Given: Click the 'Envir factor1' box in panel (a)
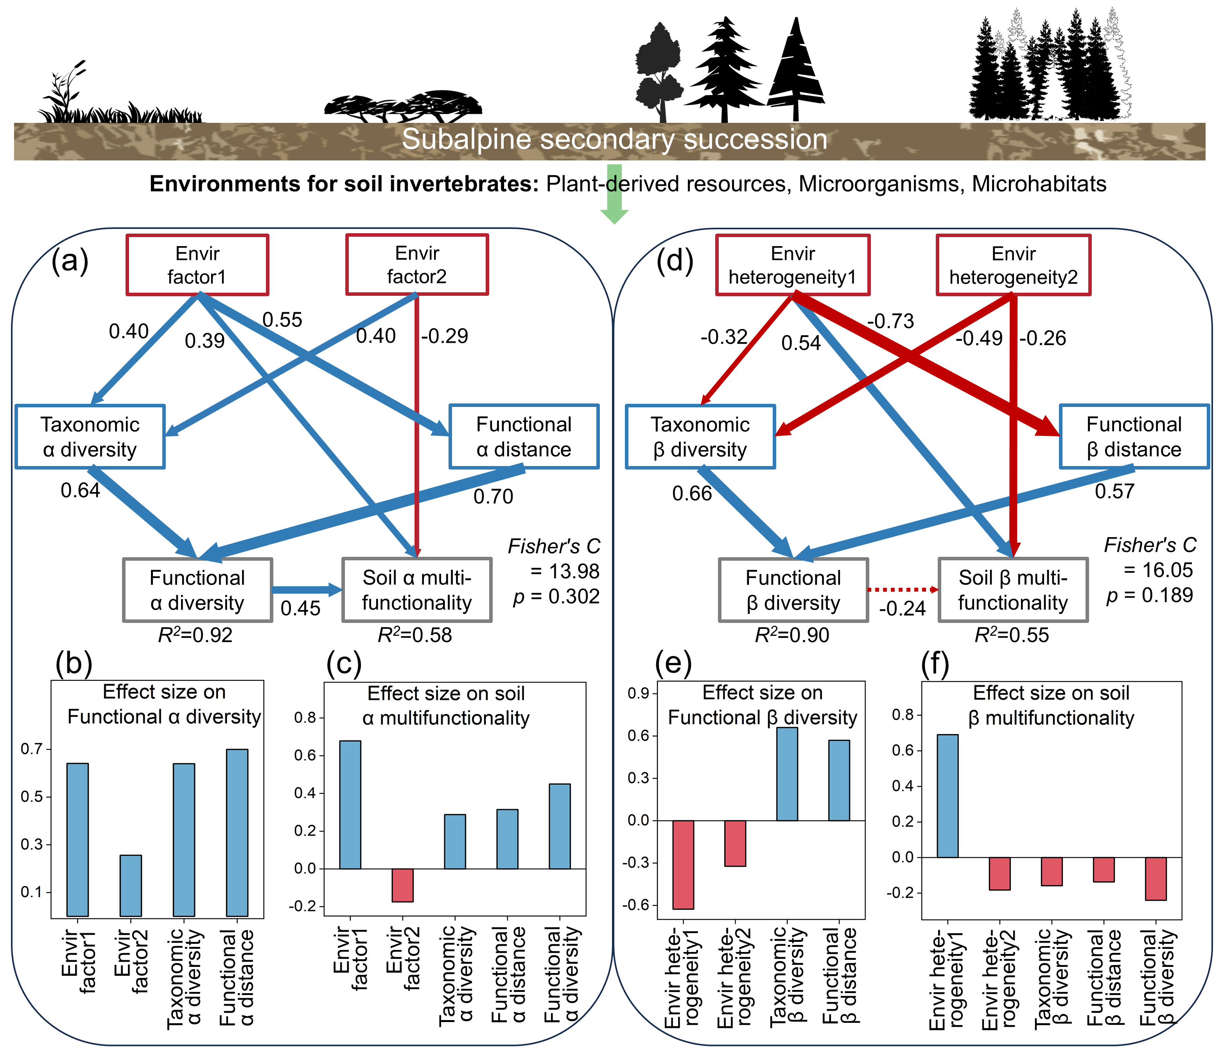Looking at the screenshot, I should point(197,265).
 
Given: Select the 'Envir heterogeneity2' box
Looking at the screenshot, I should point(1013,265).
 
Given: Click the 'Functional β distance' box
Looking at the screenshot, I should point(1134,437).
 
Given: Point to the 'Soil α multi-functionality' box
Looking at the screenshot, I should point(417,590).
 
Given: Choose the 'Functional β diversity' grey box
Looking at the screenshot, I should point(793,590).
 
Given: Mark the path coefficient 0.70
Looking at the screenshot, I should point(493,496).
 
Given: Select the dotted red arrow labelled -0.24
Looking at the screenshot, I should point(903,589).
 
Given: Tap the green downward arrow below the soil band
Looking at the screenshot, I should point(614,201).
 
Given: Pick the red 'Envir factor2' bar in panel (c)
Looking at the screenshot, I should point(403,885).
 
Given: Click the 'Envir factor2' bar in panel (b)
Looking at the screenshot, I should point(131,885).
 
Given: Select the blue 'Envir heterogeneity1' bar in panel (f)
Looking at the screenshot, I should point(947,795).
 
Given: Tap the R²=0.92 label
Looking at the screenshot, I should point(195,635).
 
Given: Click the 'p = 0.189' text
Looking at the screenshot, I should point(1149,595).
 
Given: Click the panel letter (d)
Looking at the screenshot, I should point(675,260).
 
